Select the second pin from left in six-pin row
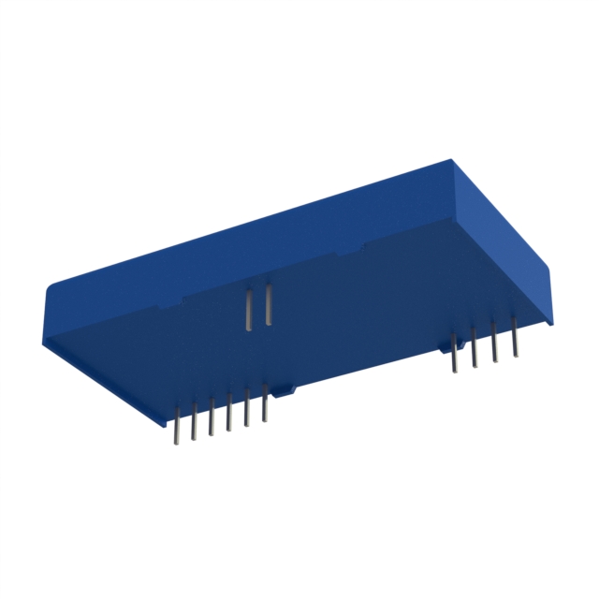194,420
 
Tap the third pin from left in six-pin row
212,416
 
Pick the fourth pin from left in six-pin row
229,413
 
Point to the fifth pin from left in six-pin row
247,408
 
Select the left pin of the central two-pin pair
249,310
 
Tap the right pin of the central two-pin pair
269,306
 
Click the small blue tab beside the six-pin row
282,387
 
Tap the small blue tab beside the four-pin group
444,347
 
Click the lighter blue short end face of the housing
505,243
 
